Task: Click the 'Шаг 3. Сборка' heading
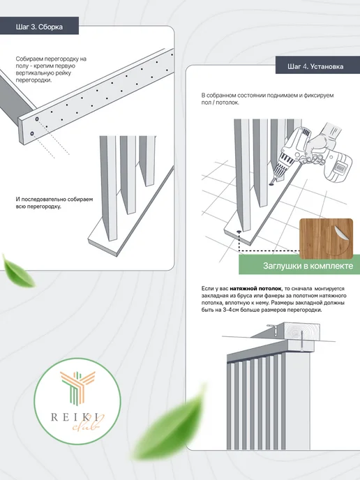coord(39,27)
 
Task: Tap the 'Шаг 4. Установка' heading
coord(315,66)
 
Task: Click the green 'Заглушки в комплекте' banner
coord(299,265)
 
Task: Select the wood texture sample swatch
coord(326,238)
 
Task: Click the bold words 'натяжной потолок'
coord(255,288)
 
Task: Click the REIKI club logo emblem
coord(77,401)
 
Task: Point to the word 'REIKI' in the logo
coord(75,417)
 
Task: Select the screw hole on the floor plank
coord(239,232)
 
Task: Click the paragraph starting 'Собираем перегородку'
coord(51,70)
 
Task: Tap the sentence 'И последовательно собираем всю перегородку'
coord(54,202)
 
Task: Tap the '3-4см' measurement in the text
coord(232,310)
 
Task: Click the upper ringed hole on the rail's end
coord(37,119)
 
